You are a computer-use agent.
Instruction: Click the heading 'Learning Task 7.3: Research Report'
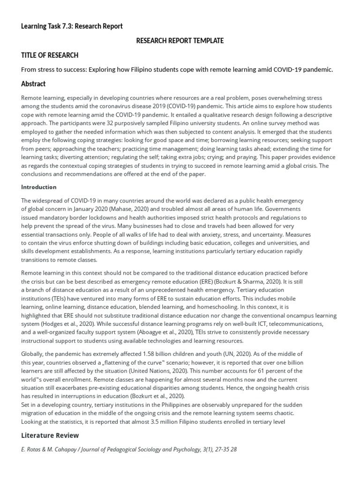(x=72, y=26)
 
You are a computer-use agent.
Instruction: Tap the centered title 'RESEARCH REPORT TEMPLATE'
(x=180, y=41)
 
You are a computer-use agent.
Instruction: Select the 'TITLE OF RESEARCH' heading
(x=50, y=55)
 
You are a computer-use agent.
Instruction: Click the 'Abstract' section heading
(x=33, y=84)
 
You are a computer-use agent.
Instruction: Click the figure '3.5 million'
(x=160, y=421)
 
